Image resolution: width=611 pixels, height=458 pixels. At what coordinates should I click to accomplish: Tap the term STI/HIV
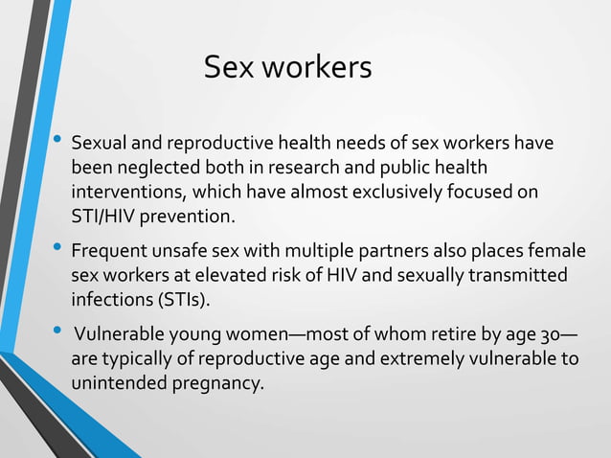coord(102,217)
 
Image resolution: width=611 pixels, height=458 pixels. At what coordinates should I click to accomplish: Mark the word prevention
coord(187,217)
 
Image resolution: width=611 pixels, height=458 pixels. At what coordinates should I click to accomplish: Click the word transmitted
coord(519,276)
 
